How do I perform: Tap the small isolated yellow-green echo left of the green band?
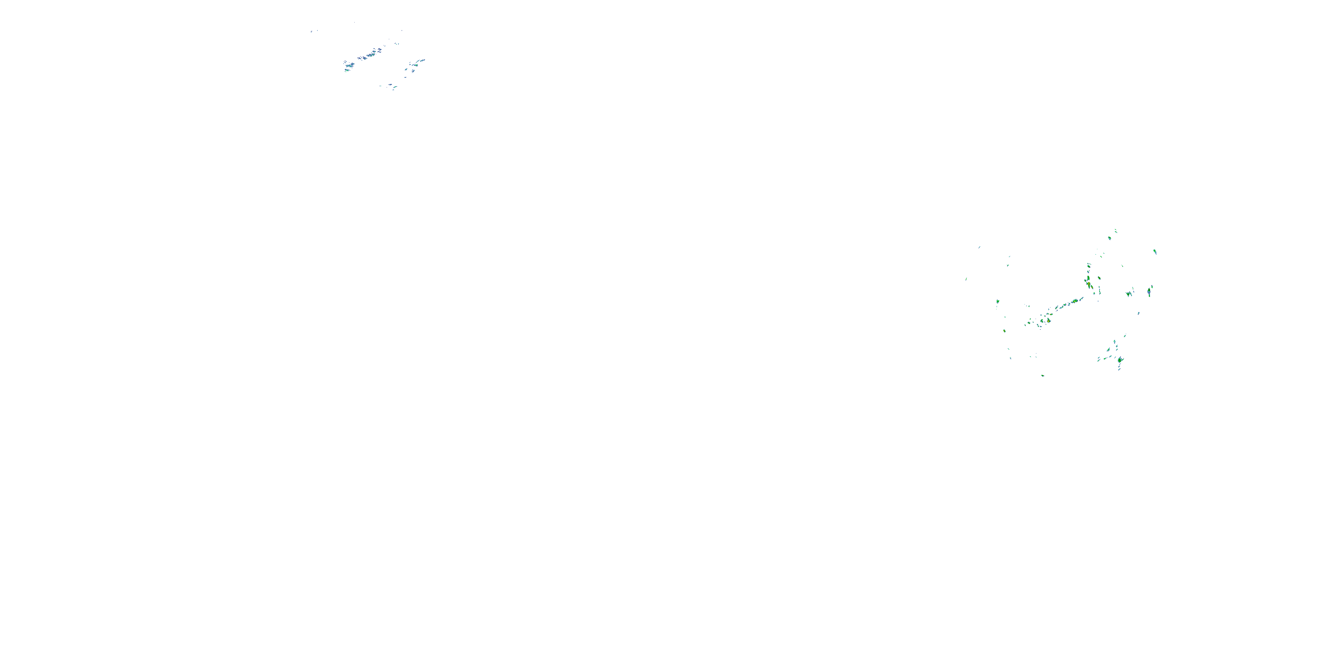1004,331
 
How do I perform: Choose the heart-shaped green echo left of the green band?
998,301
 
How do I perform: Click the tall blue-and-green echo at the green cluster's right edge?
1149,292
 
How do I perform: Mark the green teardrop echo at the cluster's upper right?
1154,251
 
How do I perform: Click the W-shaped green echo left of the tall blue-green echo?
1129,294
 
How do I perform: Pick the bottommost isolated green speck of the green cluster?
1042,375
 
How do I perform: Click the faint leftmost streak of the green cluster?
966,279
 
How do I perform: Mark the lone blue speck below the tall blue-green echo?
1139,313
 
